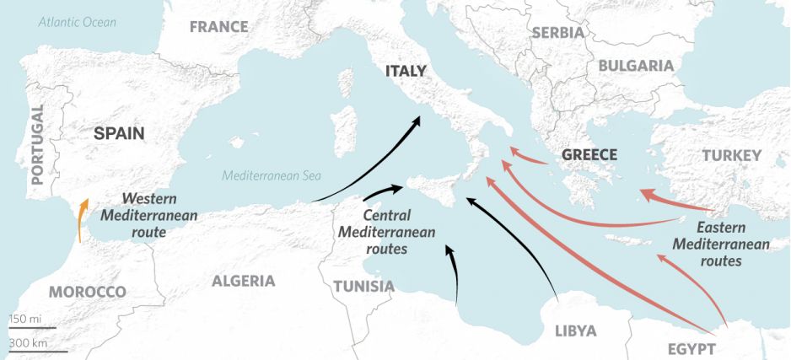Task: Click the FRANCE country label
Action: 218,27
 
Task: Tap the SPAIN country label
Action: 119,133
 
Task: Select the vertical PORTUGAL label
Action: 36,144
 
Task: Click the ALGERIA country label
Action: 243,281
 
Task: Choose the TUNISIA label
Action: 363,287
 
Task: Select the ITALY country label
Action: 406,72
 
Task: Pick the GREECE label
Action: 589,155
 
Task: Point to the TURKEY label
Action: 731,155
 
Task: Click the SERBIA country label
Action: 557,33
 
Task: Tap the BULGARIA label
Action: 636,66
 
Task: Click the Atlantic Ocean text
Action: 77,22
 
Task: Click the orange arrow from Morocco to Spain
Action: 81,220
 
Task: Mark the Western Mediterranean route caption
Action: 148,213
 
